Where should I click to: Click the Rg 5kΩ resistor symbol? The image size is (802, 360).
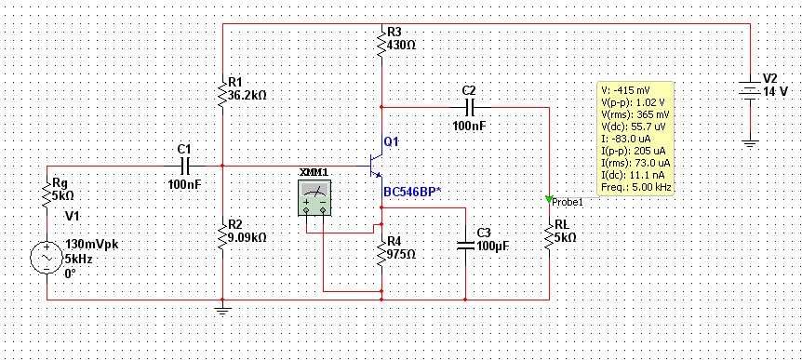[x=47, y=194]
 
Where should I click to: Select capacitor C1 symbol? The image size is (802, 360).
[x=184, y=167]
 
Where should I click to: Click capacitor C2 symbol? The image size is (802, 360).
[x=470, y=107]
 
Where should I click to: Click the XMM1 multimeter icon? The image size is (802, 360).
[x=314, y=197]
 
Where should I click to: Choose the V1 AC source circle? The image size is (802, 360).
[x=47, y=258]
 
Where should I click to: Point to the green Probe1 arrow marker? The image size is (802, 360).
[x=549, y=199]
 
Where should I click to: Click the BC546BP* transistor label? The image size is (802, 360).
[x=412, y=193]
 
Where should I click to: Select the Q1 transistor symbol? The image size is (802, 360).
[x=377, y=165]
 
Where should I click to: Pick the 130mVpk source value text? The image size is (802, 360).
[x=92, y=245]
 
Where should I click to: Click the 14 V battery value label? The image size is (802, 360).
[x=775, y=92]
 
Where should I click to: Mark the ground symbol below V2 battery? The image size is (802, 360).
[x=750, y=143]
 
